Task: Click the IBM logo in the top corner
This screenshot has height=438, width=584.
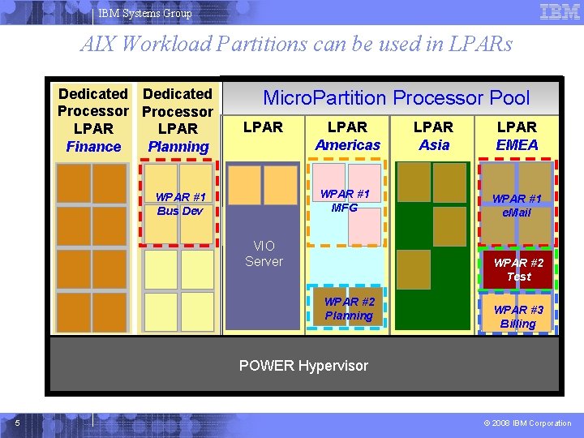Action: pos(560,12)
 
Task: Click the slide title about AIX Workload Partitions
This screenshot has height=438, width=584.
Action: pos(296,44)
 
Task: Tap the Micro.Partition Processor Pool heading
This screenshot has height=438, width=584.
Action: pos(396,98)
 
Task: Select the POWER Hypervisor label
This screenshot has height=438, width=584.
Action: pos(303,366)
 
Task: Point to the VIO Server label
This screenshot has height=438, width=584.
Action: pos(264,253)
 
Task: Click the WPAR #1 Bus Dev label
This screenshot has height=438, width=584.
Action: pos(179,204)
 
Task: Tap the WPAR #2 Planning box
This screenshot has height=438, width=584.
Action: pos(349,309)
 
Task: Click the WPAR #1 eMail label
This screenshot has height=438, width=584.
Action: pos(517,205)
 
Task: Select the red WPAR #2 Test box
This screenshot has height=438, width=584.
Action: pos(518,269)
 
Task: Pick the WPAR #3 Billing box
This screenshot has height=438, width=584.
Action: pos(518,316)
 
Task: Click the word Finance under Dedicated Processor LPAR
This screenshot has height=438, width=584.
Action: pos(93,147)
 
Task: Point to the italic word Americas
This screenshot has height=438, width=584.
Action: pos(347,145)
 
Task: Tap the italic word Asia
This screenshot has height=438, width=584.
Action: pos(434,145)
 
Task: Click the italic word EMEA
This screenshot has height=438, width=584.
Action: pos(517,145)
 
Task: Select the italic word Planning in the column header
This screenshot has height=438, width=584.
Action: pos(178,147)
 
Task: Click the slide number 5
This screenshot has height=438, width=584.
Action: pos(17,423)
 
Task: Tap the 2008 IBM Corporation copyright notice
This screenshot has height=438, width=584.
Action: pos(526,423)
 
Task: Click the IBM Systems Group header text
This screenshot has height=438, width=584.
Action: pos(145,13)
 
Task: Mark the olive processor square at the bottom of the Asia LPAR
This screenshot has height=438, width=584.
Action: pos(414,269)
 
